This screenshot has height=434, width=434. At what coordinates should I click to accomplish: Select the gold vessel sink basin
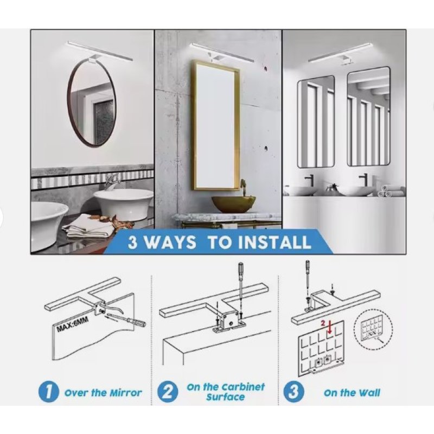pos(234,203)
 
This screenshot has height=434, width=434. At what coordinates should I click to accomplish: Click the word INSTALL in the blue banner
pos(274,242)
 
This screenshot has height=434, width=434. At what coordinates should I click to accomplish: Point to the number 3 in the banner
pos(133,242)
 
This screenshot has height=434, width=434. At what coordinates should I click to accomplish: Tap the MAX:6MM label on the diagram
pos(73,324)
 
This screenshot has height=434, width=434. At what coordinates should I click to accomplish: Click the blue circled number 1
pos(48,392)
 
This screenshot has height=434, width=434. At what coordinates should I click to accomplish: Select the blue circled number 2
pos(167,392)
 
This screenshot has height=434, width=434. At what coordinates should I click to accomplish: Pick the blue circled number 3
pos(293,392)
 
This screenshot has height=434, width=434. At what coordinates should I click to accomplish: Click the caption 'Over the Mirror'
pos(103,392)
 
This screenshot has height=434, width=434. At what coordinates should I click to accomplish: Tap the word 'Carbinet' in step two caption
pos(244,387)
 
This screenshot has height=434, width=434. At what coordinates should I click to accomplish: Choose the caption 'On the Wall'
pos(352,392)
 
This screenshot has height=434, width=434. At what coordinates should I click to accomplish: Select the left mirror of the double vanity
pos(316,122)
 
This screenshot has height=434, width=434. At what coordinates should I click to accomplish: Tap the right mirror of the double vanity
pos(368,117)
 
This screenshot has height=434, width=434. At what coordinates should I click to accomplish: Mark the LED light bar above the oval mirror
pos(100,50)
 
